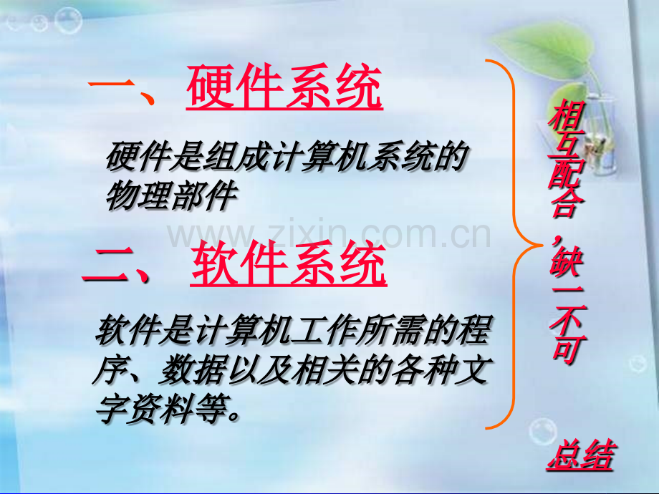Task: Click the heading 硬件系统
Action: point(284,87)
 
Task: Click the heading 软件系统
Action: point(288,263)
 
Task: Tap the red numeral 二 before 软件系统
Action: point(110,265)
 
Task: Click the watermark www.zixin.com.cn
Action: point(329,233)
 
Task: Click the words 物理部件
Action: point(171,195)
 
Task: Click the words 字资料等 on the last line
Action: point(161,408)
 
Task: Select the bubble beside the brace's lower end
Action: point(542,432)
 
